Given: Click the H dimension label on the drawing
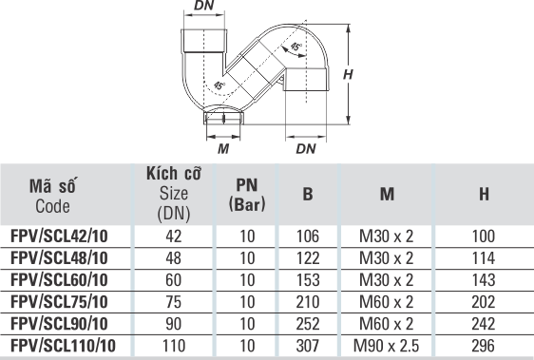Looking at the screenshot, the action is (348, 74).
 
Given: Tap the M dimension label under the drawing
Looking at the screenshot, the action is (223, 148).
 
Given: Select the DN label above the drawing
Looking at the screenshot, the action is (204, 5).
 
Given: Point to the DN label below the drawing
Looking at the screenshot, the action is (306, 148).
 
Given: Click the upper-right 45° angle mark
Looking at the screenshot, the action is (296, 47).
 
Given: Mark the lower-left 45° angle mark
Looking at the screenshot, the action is (219, 85).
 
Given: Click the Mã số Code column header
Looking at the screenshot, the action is (53, 196).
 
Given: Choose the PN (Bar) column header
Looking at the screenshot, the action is (247, 195).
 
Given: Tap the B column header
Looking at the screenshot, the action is (308, 194).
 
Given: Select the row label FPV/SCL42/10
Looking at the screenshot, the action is (59, 236).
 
